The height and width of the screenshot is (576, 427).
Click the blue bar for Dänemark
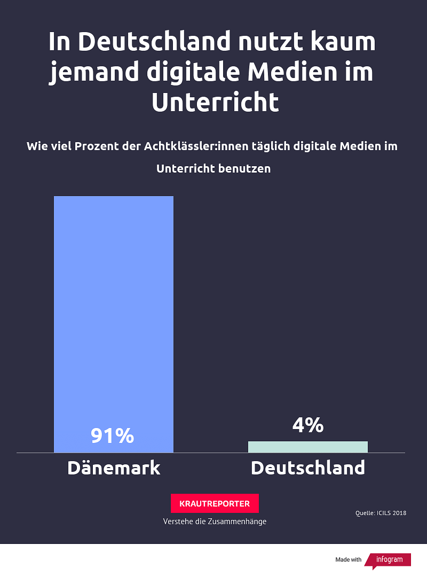(x=114, y=310)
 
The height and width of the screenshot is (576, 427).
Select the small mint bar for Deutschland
(x=308, y=447)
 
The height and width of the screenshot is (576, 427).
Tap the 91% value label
(x=112, y=436)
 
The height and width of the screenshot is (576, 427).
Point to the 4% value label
(x=308, y=425)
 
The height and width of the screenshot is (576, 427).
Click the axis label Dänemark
(x=114, y=468)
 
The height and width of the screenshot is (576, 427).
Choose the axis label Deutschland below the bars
(x=308, y=468)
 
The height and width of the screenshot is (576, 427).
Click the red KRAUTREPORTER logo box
(x=215, y=503)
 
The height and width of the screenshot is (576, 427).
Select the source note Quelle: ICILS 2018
(x=381, y=513)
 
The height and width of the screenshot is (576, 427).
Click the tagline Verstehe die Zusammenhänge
(x=215, y=521)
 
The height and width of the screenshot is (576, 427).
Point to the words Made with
(x=348, y=559)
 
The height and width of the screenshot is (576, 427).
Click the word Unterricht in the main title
(x=215, y=102)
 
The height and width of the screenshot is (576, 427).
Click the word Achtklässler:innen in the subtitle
(x=196, y=146)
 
